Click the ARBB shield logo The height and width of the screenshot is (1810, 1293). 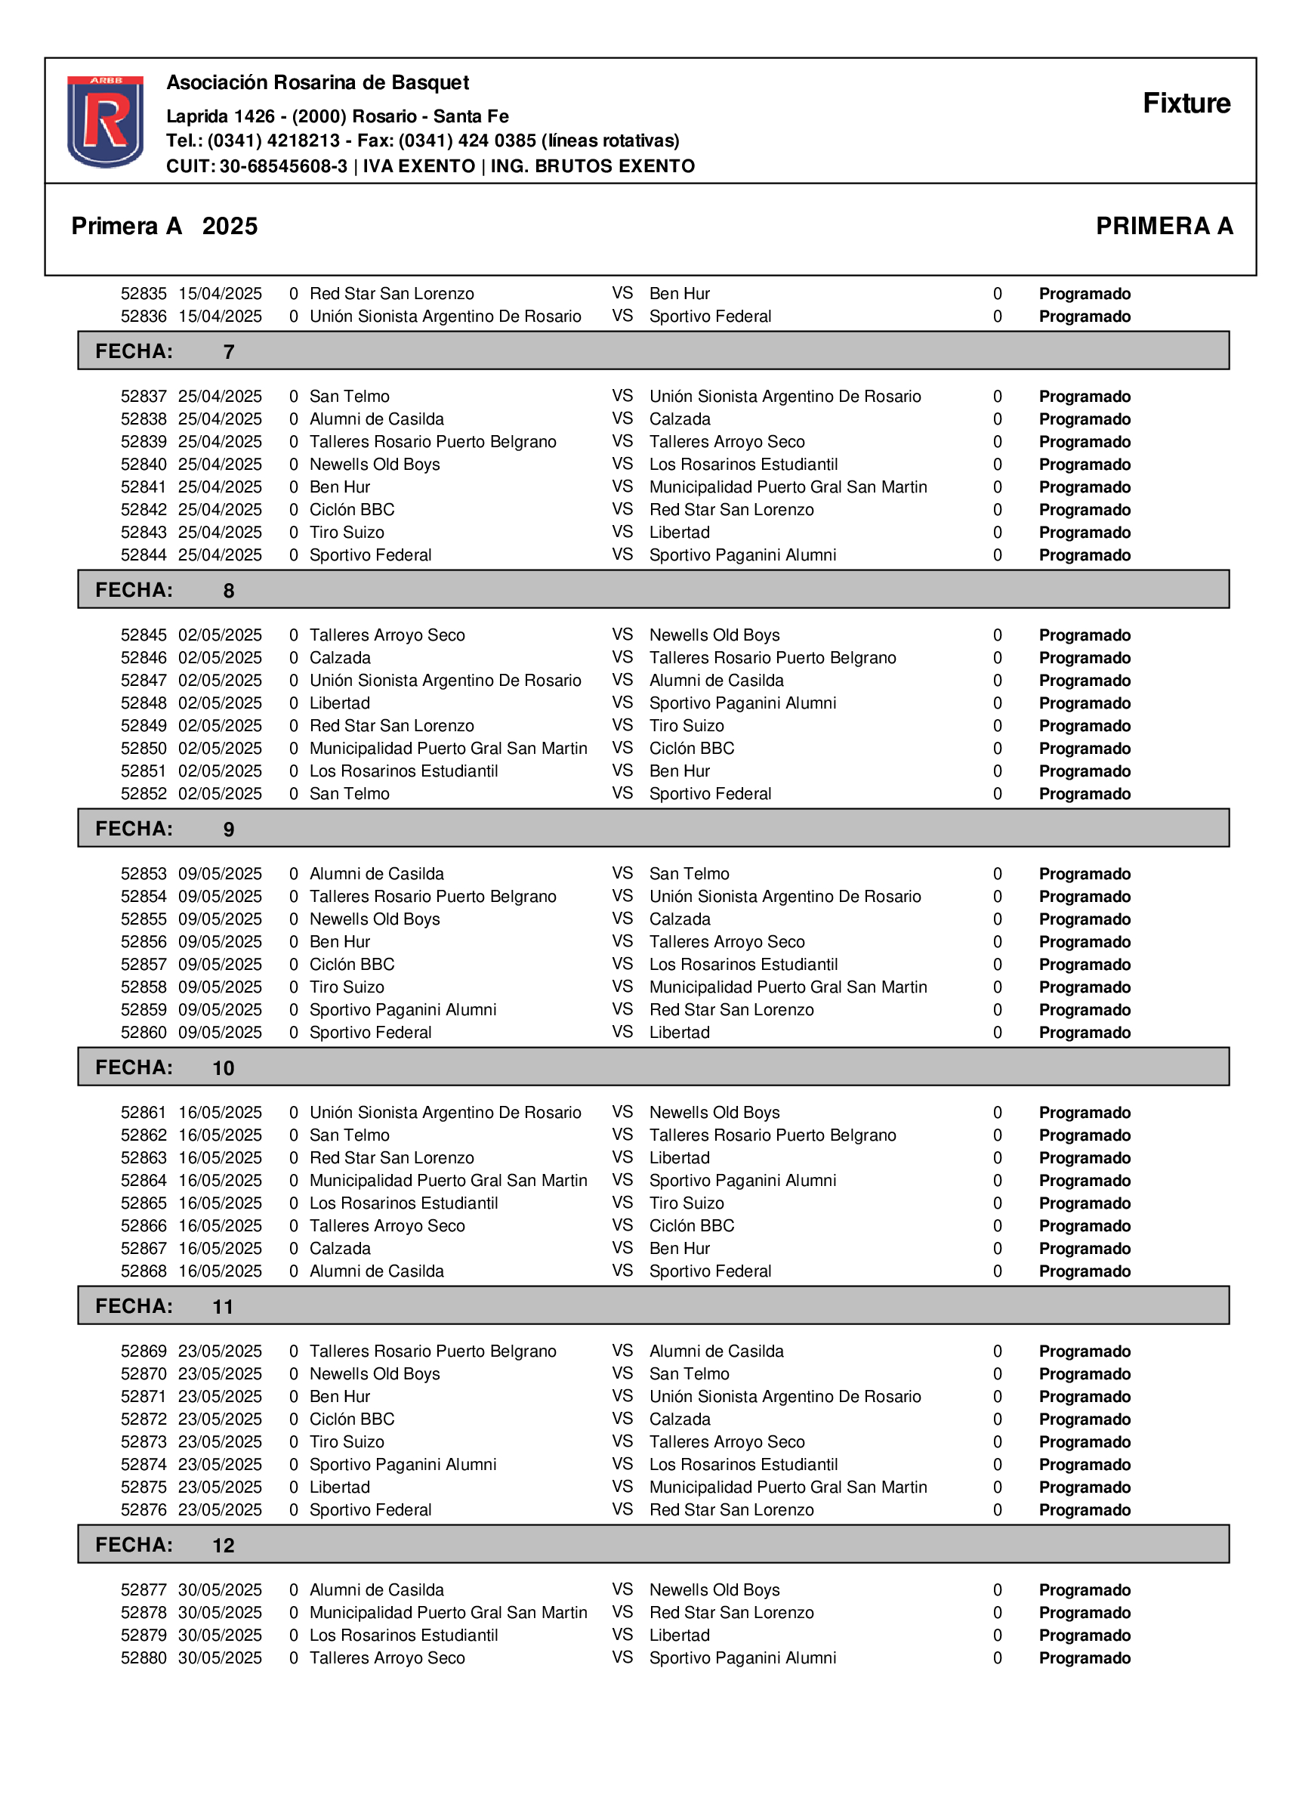tap(105, 121)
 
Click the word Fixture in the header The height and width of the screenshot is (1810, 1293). tap(1186, 103)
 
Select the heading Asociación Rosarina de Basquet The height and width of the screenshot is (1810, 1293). tap(317, 83)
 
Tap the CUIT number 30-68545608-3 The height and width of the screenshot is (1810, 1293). tap(283, 166)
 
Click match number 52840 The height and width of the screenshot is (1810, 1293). tap(143, 465)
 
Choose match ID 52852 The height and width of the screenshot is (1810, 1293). tap(143, 794)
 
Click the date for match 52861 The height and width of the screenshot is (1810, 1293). tap(220, 1113)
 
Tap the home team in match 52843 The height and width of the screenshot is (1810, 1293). tap(347, 533)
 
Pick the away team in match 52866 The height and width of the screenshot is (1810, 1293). tap(691, 1225)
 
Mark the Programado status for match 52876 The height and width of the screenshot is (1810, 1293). tap(1084, 1510)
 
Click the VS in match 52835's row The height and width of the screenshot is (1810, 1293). tap(622, 293)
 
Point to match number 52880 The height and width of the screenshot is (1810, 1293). tap(143, 1658)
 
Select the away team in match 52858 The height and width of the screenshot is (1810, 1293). tap(788, 987)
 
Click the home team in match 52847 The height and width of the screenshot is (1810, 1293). tap(444, 681)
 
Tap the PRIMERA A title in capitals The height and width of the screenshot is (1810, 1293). tap(1163, 226)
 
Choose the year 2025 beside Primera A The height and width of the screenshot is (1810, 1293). tap(230, 226)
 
